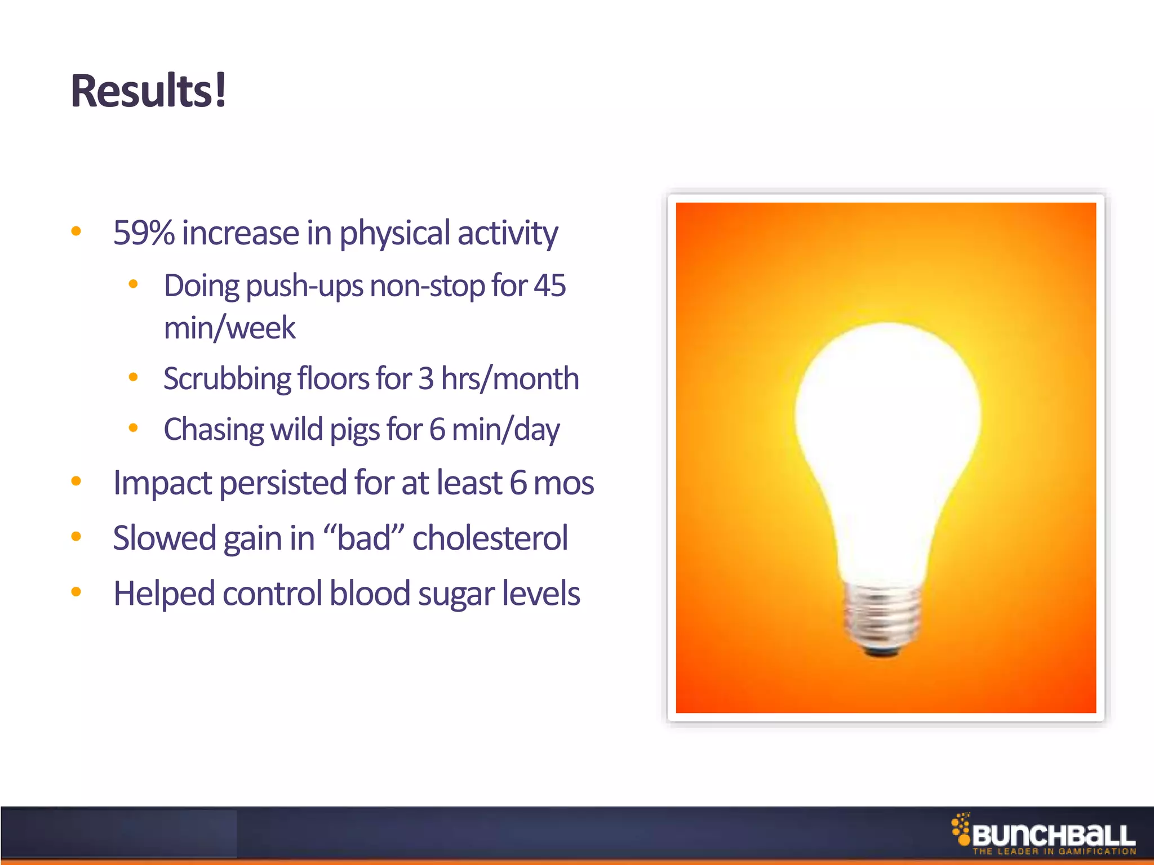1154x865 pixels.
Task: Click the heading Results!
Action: pyautogui.click(x=148, y=91)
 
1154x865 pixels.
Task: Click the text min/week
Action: pyautogui.click(x=229, y=328)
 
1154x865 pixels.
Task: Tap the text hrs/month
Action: pyautogui.click(x=510, y=378)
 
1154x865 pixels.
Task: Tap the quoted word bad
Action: pyautogui.click(x=364, y=538)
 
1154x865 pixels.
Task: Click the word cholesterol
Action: pyautogui.click(x=490, y=538)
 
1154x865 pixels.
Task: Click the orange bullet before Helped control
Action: pyautogui.click(x=77, y=592)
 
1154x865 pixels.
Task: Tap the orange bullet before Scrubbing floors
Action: pyautogui.click(x=134, y=377)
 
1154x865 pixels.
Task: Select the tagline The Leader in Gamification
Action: pyautogui.click(x=1054, y=851)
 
